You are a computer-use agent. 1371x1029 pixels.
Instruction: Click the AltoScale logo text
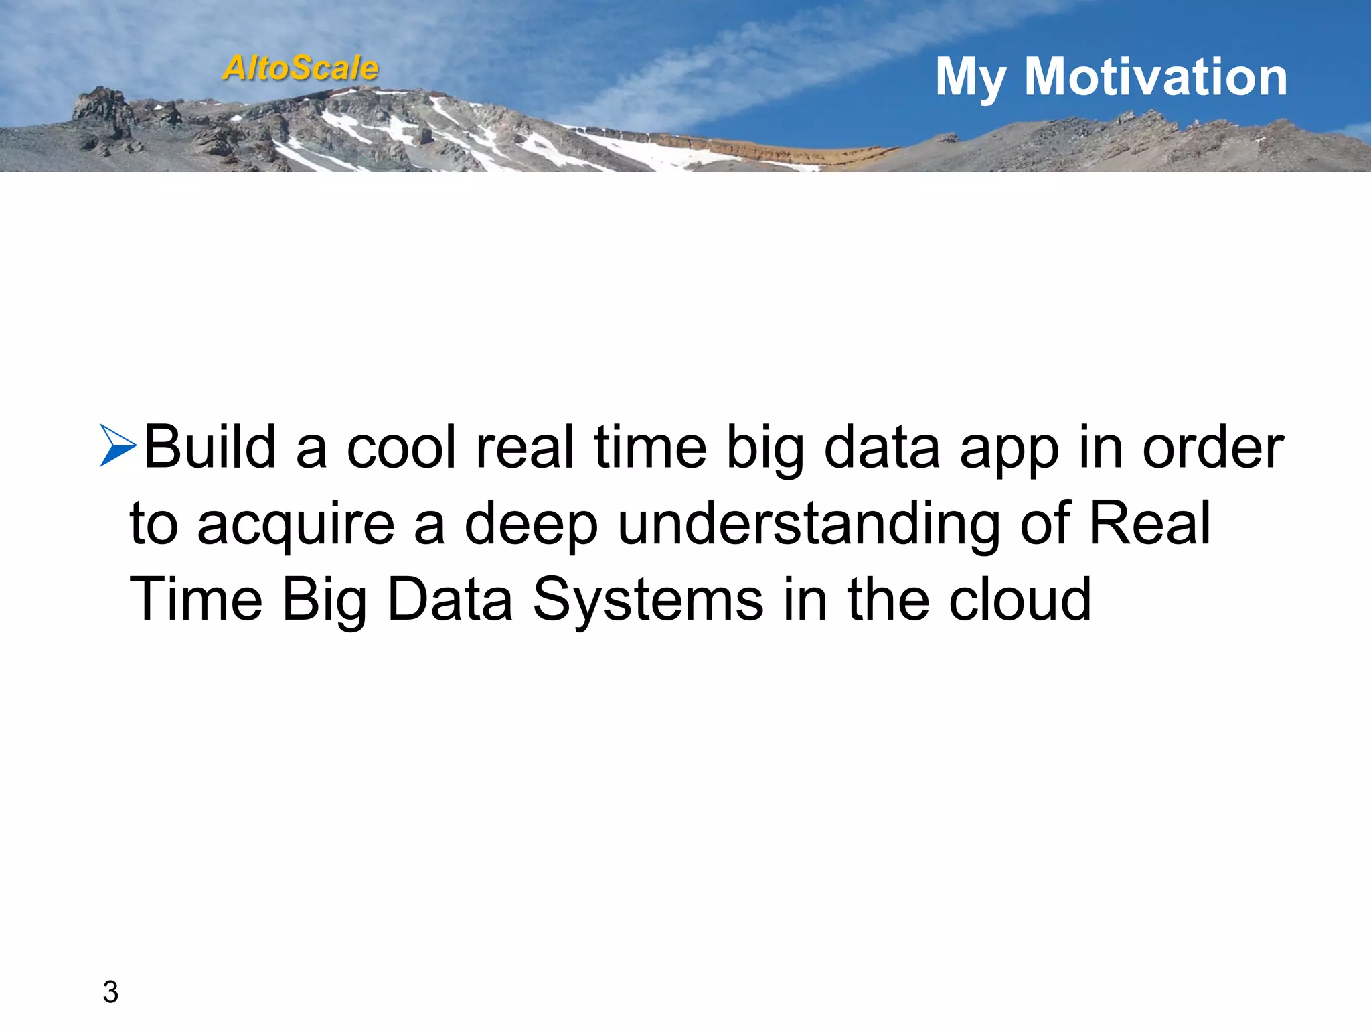tap(301, 68)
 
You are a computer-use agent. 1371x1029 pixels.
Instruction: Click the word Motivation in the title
tap(1155, 77)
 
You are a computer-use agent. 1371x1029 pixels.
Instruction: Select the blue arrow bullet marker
tap(118, 445)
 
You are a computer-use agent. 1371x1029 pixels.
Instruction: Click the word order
tap(1212, 447)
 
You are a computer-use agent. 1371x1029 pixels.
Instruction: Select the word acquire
tap(296, 525)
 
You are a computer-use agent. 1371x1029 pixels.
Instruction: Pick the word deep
tap(531, 525)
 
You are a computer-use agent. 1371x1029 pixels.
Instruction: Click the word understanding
tap(809, 525)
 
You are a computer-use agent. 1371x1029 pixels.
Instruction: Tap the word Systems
tap(647, 600)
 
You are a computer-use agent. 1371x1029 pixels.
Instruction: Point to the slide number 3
tap(110, 992)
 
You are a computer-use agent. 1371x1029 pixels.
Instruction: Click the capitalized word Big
tap(325, 600)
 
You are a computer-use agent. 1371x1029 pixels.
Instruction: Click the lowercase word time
tap(650, 447)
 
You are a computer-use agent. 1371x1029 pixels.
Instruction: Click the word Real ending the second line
tap(1149, 523)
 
